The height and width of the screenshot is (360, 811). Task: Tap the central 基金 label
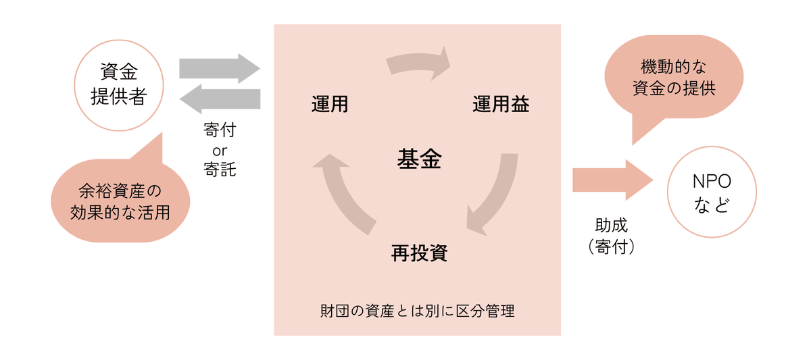coord(418,159)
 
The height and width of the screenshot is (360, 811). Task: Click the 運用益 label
coord(501,105)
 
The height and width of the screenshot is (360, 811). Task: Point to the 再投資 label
coord(419,253)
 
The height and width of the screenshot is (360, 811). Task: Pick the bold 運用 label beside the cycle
coord(330,105)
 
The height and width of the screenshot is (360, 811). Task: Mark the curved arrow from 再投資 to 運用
coord(341,192)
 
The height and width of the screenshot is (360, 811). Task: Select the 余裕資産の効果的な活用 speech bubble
coord(120,203)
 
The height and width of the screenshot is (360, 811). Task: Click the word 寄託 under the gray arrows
coord(220,169)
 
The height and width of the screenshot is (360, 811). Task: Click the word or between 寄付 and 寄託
coord(220,149)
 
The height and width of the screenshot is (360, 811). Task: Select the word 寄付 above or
coord(220,129)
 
